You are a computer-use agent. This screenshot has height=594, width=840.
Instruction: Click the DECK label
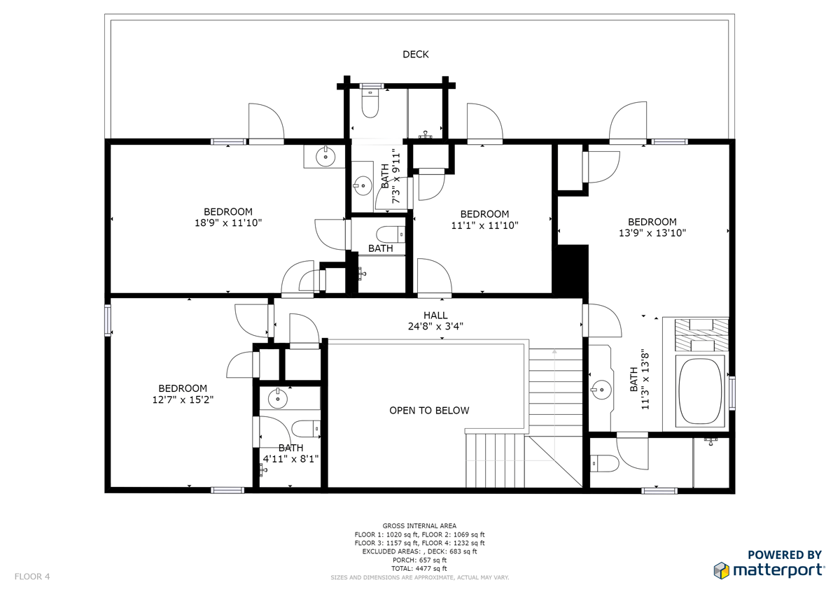tap(416, 55)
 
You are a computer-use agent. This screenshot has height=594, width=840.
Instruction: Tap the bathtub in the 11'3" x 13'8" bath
tap(700, 391)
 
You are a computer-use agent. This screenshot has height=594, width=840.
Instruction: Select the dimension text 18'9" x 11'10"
tap(228, 223)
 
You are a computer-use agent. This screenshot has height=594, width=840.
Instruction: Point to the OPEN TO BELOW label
tap(429, 411)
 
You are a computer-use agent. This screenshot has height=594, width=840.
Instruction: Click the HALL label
tap(435, 315)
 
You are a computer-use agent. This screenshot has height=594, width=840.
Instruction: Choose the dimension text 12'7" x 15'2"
tap(183, 400)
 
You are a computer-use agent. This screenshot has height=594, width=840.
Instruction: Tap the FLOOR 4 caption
tap(32, 577)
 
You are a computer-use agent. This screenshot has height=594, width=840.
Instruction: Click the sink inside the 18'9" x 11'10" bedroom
tap(325, 157)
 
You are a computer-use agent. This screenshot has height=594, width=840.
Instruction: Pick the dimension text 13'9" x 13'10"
tap(652, 233)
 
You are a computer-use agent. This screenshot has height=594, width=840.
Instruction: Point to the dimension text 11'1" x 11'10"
tap(484, 225)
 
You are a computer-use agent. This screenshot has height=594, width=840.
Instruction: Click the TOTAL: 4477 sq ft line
tap(419, 569)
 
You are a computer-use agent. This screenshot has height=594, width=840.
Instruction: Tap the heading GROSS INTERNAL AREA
tap(419, 526)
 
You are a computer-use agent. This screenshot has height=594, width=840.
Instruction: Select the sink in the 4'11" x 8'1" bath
tap(278, 398)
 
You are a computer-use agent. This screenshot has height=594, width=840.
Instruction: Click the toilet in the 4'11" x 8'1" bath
tap(306, 429)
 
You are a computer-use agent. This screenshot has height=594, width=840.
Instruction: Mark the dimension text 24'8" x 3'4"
tap(435, 327)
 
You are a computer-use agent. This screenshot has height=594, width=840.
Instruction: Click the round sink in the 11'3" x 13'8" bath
tap(601, 390)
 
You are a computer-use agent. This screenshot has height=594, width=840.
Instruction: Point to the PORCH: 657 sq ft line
tap(419, 560)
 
